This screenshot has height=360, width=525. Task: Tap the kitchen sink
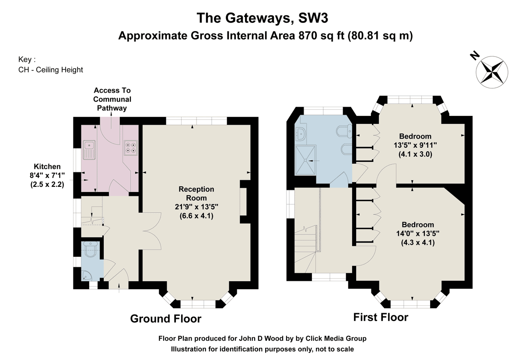pyautogui.click(x=90, y=150)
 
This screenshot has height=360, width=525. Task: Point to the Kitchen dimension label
pyautogui.click(x=47, y=175)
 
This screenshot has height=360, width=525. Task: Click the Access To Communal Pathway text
pyautogui.click(x=112, y=99)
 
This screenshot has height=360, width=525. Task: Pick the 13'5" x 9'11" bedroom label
pyautogui.click(x=415, y=145)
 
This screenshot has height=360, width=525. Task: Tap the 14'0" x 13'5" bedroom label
pyautogui.click(x=418, y=234)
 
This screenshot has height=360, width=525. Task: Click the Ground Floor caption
pyautogui.click(x=166, y=319)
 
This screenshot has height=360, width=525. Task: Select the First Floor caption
pyautogui.click(x=381, y=317)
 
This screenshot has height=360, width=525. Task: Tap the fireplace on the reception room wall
pyautogui.click(x=243, y=204)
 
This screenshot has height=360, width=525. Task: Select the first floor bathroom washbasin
pyautogui.click(x=301, y=134)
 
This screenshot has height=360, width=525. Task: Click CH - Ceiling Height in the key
pyautogui.click(x=51, y=70)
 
